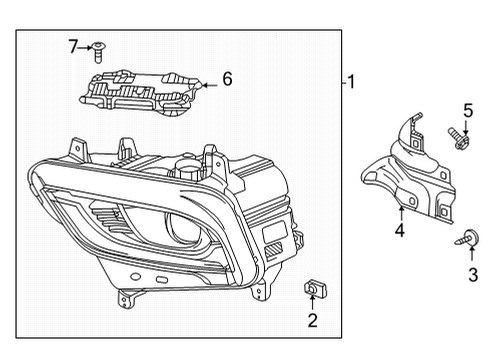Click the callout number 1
[x=351, y=83]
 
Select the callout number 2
[x=312, y=320]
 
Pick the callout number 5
[x=466, y=110]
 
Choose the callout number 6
[x=226, y=77]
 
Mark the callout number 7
[x=72, y=46]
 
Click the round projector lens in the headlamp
[x=186, y=227]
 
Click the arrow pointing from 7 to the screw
[x=86, y=46]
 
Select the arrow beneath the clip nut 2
[x=312, y=304]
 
